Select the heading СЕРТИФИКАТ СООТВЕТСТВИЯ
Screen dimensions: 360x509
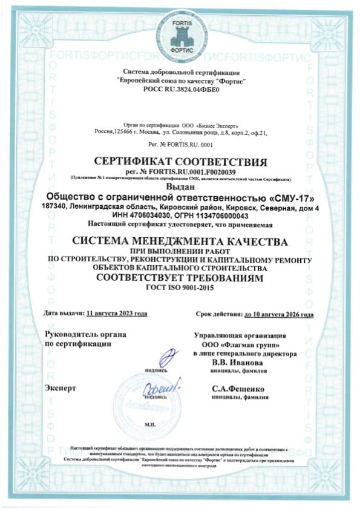(181, 162)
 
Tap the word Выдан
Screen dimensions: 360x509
(180, 188)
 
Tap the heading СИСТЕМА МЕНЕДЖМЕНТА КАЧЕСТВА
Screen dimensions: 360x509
(180, 242)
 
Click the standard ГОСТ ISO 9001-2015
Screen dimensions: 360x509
(180, 288)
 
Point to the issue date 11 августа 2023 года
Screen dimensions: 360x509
(117, 314)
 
